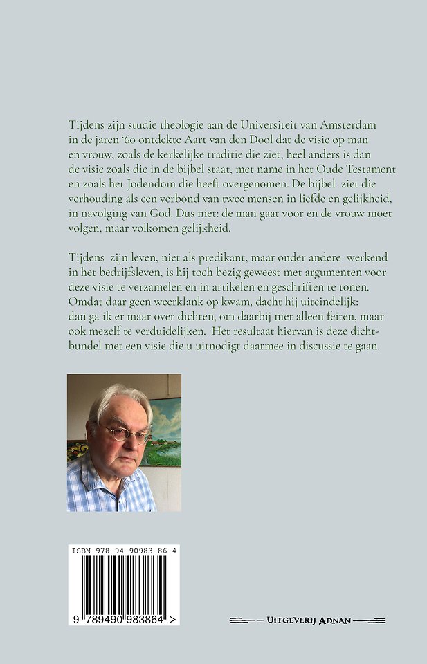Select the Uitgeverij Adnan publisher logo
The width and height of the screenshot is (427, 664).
(308, 620)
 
